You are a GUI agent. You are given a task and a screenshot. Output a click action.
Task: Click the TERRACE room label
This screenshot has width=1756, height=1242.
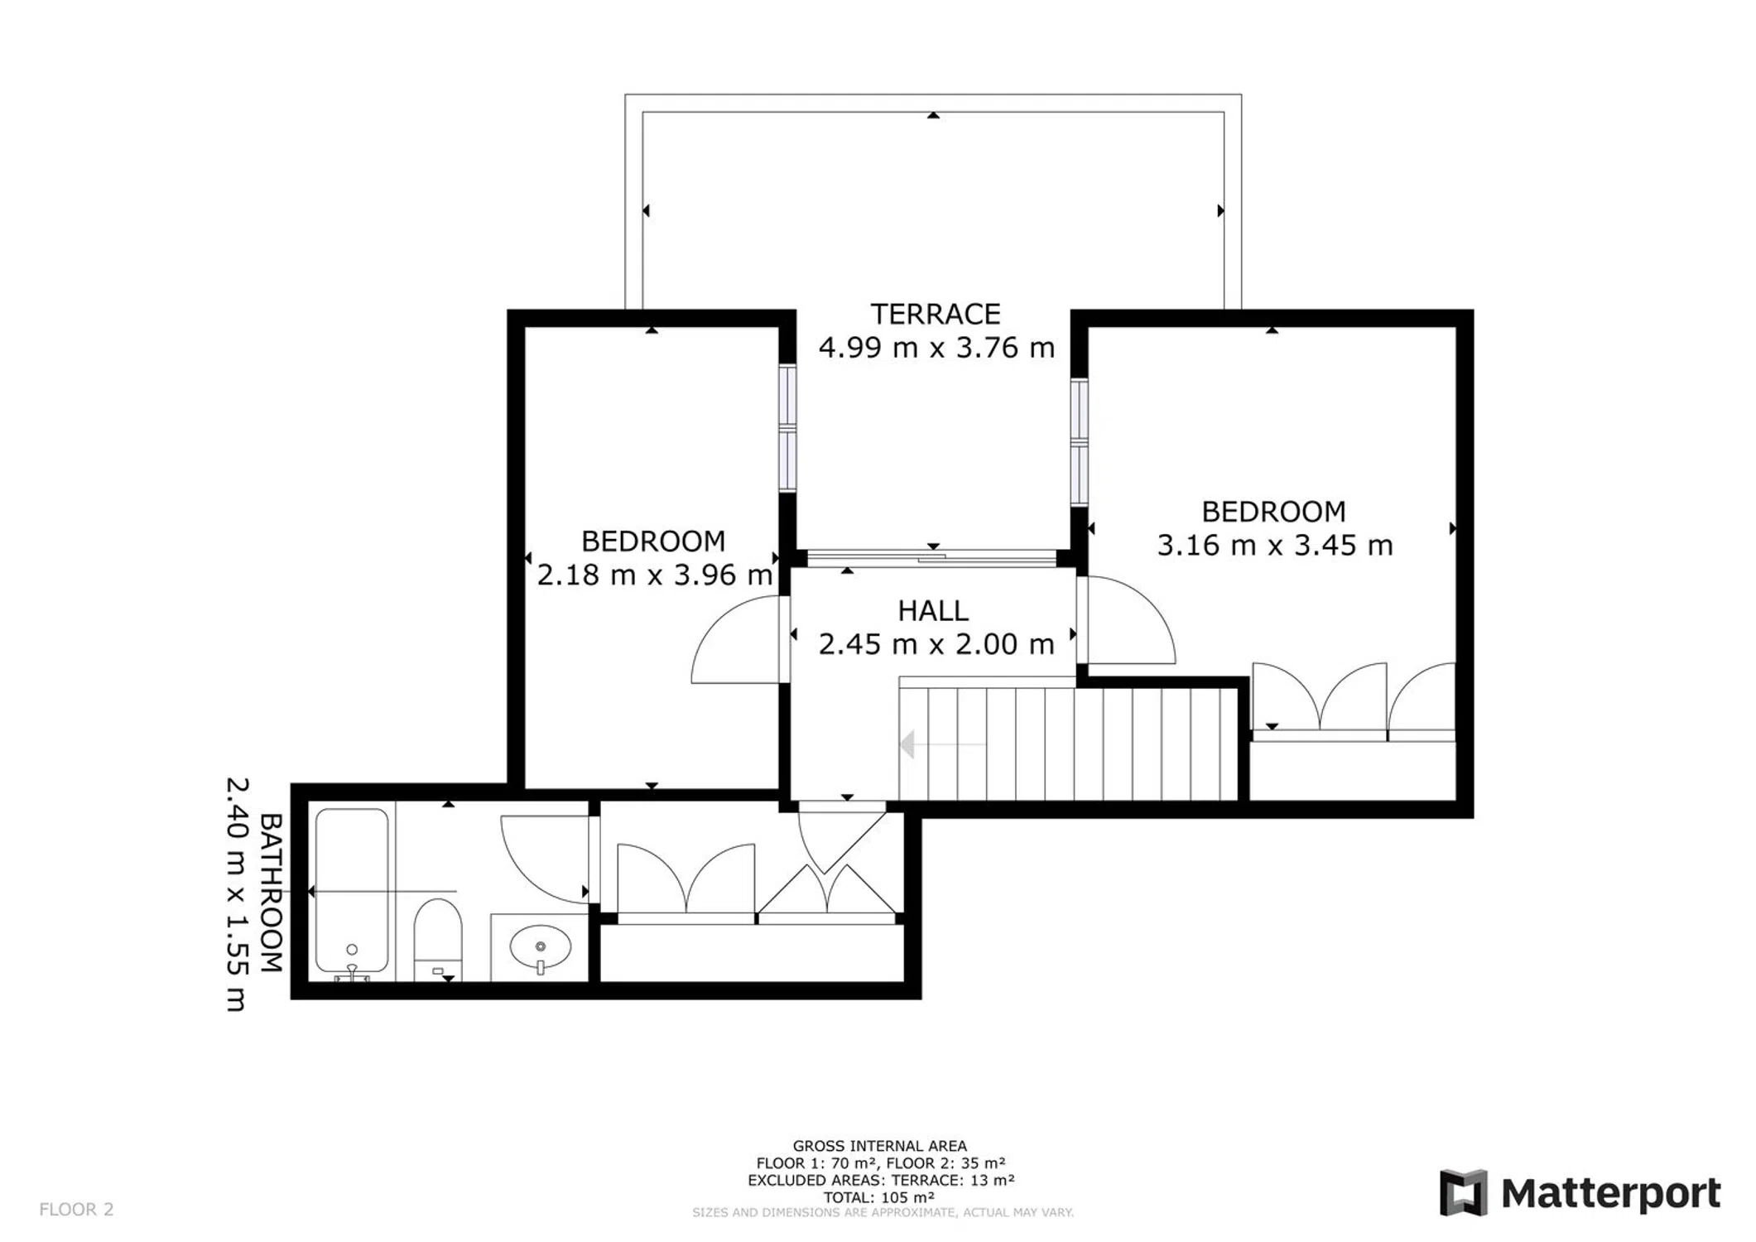936,315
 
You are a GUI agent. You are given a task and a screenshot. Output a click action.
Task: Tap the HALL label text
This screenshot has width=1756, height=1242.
933,611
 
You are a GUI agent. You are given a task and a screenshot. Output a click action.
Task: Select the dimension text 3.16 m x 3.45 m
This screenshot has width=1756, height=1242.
1274,546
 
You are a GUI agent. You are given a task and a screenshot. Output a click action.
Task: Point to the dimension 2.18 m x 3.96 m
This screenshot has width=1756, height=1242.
655,575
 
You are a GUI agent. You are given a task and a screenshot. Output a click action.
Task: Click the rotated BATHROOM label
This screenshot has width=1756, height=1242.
272,893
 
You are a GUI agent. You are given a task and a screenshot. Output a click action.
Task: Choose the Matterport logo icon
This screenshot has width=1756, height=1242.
1463,1193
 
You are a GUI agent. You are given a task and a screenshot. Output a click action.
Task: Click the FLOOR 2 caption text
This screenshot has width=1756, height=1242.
76,1209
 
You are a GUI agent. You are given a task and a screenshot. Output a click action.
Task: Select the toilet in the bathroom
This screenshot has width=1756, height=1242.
438,941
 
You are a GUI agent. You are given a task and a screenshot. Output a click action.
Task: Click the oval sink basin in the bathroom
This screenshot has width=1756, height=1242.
541,947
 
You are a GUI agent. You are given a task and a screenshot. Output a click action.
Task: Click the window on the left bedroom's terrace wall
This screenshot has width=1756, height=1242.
787,428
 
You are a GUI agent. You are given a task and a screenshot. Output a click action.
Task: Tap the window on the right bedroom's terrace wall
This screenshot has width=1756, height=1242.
1079,441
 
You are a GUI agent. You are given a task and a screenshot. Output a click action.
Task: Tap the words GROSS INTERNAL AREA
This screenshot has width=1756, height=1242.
880,1146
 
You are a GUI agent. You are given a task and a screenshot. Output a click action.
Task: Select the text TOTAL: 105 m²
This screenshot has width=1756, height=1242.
879,1197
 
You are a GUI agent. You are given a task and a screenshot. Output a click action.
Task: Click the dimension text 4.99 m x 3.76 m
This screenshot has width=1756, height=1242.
936,348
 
